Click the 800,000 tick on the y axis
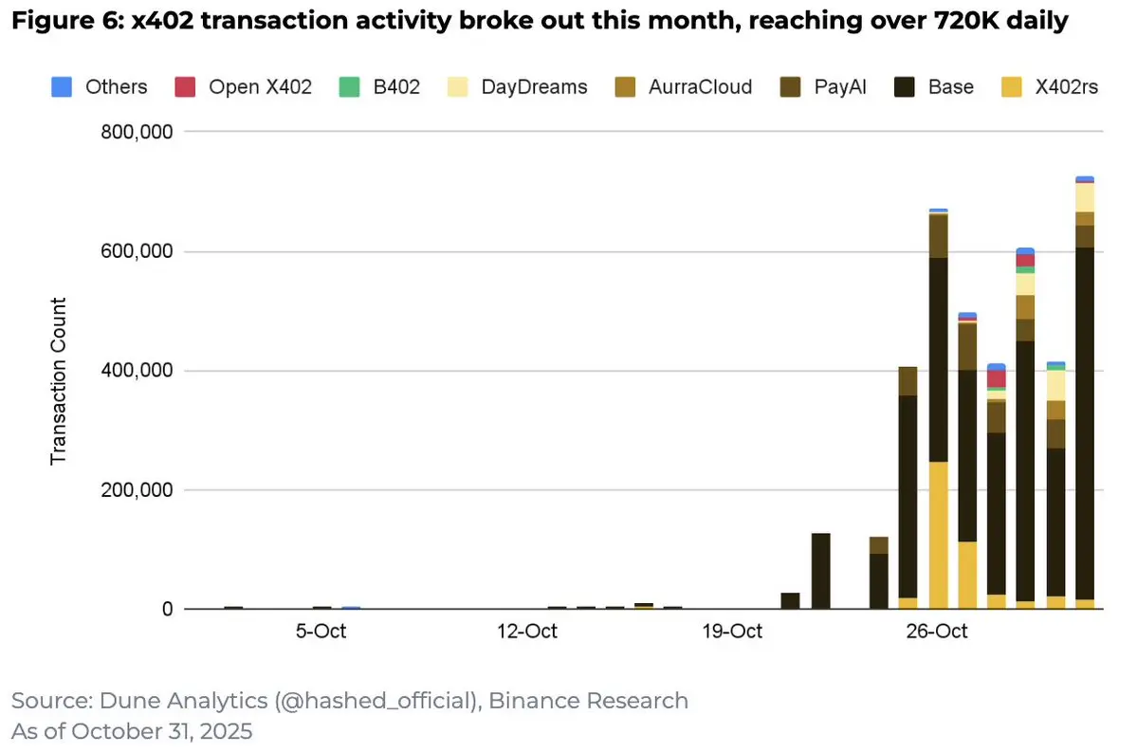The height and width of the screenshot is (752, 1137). click(x=137, y=132)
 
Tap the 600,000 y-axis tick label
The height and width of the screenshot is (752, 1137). click(x=137, y=251)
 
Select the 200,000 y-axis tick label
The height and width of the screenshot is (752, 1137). click(x=137, y=490)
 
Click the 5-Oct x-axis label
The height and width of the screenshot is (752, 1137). click(x=321, y=632)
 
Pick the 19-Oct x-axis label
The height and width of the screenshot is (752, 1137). click(x=733, y=632)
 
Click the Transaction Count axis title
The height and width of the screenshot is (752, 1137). click(x=59, y=380)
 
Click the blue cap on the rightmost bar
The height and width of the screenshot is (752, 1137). click(x=1085, y=178)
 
